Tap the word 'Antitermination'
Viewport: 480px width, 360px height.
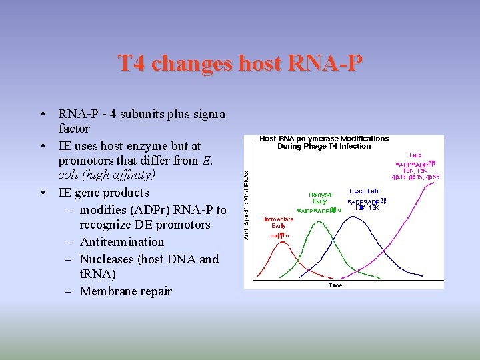(x=122, y=241)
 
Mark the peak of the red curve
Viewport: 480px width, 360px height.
(x=278, y=243)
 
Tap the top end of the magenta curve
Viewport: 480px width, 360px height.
(x=439, y=179)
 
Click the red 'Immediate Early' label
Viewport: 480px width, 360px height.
(x=278, y=222)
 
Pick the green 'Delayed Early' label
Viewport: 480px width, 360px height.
(x=321, y=198)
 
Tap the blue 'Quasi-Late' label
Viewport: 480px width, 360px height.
(x=365, y=191)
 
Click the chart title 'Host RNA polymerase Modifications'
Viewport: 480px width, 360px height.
(x=324, y=139)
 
